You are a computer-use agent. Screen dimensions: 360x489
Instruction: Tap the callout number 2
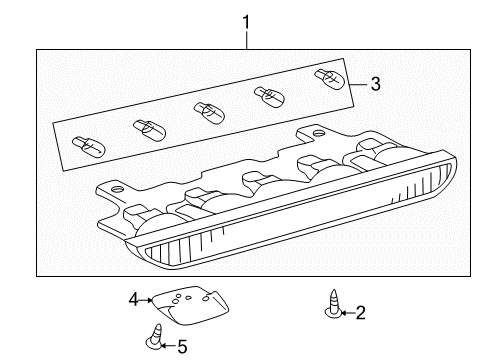click(360, 314)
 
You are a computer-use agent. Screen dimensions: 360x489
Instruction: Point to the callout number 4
click(133, 297)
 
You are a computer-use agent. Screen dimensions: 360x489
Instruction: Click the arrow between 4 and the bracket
click(146, 298)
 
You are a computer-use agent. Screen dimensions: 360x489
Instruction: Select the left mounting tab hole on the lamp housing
click(117, 189)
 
